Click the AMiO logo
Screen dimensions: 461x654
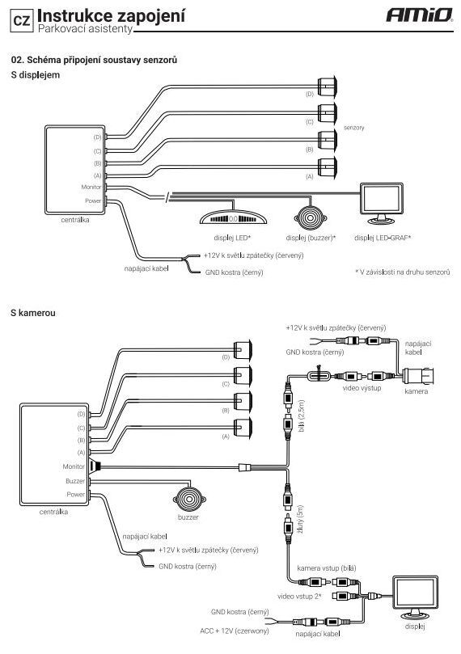pos(419,15)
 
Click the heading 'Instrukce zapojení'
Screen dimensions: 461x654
pos(111,16)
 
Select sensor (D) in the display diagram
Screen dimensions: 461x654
pos(328,86)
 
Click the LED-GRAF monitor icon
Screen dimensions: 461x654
pos(381,203)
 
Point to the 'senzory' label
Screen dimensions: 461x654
pos(353,128)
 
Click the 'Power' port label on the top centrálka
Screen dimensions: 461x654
pos(93,200)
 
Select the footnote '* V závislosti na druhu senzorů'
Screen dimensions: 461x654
pos(403,272)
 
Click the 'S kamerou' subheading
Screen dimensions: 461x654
pos(33,313)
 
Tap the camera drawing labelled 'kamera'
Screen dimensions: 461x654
pos(417,376)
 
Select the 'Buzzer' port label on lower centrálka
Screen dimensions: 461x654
pos(75,481)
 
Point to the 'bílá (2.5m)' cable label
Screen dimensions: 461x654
pos(302,416)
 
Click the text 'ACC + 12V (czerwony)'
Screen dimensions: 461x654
pos(235,631)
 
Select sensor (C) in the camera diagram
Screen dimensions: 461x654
pos(243,375)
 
